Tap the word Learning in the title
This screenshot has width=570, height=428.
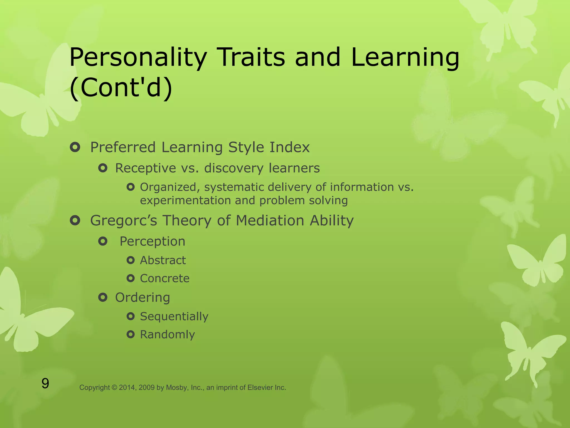(405, 58)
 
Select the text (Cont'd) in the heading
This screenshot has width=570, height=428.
(121, 87)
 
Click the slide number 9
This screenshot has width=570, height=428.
(45, 384)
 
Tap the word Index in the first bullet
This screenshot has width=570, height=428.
(289, 147)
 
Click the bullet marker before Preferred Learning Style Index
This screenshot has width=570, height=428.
(75, 147)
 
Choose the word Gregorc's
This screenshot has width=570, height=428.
(124, 220)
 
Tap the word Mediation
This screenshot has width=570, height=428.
(270, 220)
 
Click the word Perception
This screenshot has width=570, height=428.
(152, 241)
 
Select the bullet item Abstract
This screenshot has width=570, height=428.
(163, 260)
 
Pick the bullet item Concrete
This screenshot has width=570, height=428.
(164, 278)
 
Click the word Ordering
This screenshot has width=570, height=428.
(142, 298)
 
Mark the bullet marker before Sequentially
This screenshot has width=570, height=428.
(131, 316)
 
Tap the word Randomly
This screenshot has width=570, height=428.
(167, 334)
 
